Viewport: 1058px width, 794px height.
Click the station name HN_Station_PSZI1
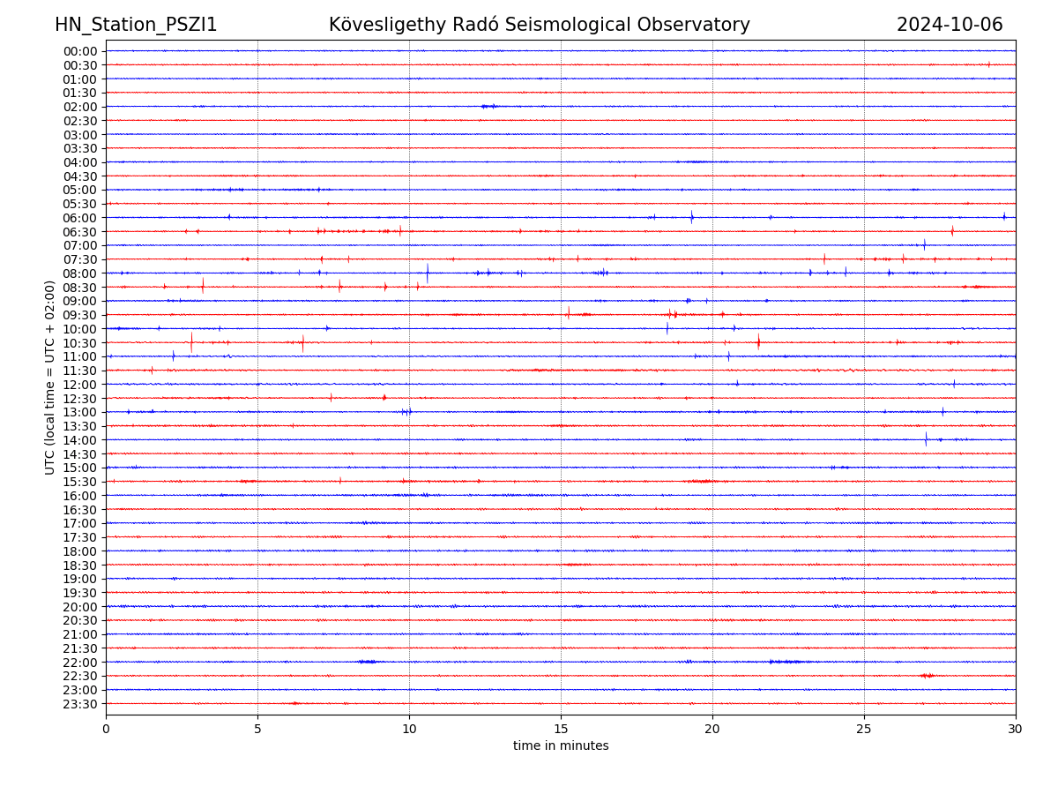136,26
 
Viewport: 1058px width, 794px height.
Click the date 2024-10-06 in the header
950,26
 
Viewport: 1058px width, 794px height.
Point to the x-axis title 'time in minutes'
561,746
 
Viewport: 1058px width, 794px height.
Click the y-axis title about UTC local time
50,377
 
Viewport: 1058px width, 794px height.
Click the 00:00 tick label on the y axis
80,51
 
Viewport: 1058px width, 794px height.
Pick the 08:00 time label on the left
80,273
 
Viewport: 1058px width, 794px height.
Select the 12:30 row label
80,399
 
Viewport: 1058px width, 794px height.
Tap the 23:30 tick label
80,704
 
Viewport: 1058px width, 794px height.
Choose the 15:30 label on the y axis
80,482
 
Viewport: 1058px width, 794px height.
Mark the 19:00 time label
80,579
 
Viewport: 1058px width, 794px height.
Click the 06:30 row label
80,232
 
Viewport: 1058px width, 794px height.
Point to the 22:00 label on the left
80,663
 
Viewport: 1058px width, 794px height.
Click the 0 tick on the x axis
106,730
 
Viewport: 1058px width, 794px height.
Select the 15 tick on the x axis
561,730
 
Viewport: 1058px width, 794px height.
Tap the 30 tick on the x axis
1016,730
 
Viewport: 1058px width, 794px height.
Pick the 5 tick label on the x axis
257,730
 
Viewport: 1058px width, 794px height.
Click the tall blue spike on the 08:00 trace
428,273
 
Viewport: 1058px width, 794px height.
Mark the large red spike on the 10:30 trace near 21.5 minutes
758,341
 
